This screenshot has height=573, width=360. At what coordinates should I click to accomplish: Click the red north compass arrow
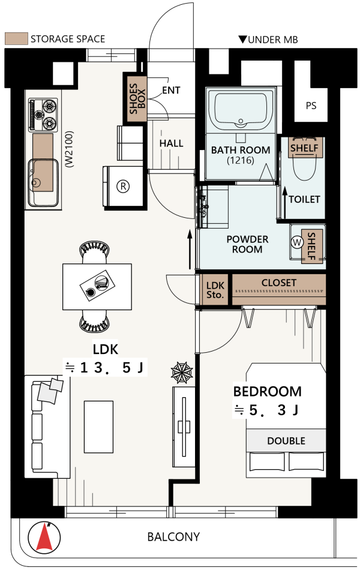pos(44,537)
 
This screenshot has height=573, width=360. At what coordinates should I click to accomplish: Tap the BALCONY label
pos(173,536)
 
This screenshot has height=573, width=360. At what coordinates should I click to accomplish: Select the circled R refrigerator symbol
pos(123,187)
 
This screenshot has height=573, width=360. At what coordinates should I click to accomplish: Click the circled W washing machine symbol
pos(297,242)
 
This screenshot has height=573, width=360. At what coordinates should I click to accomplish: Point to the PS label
pos(311,106)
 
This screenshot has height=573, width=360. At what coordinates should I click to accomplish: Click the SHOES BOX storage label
pos(137,98)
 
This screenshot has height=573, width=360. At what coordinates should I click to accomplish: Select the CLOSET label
pos(279,283)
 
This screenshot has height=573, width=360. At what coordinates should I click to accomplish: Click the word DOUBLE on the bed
pos(286,441)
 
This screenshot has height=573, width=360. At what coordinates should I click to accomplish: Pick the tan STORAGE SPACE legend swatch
pos(16,39)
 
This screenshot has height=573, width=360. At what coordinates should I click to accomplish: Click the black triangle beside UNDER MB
pos(242,39)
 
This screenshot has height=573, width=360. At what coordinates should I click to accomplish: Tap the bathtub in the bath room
pos(241,110)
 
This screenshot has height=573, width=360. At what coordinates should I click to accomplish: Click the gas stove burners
pos(43,115)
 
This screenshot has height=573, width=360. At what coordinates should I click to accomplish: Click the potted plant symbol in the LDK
pos(182,373)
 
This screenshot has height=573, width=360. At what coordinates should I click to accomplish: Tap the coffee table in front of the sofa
pos(98,427)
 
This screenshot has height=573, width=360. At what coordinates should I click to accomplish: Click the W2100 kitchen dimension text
pos(70,149)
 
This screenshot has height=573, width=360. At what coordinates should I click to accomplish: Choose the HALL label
pos(171,143)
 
